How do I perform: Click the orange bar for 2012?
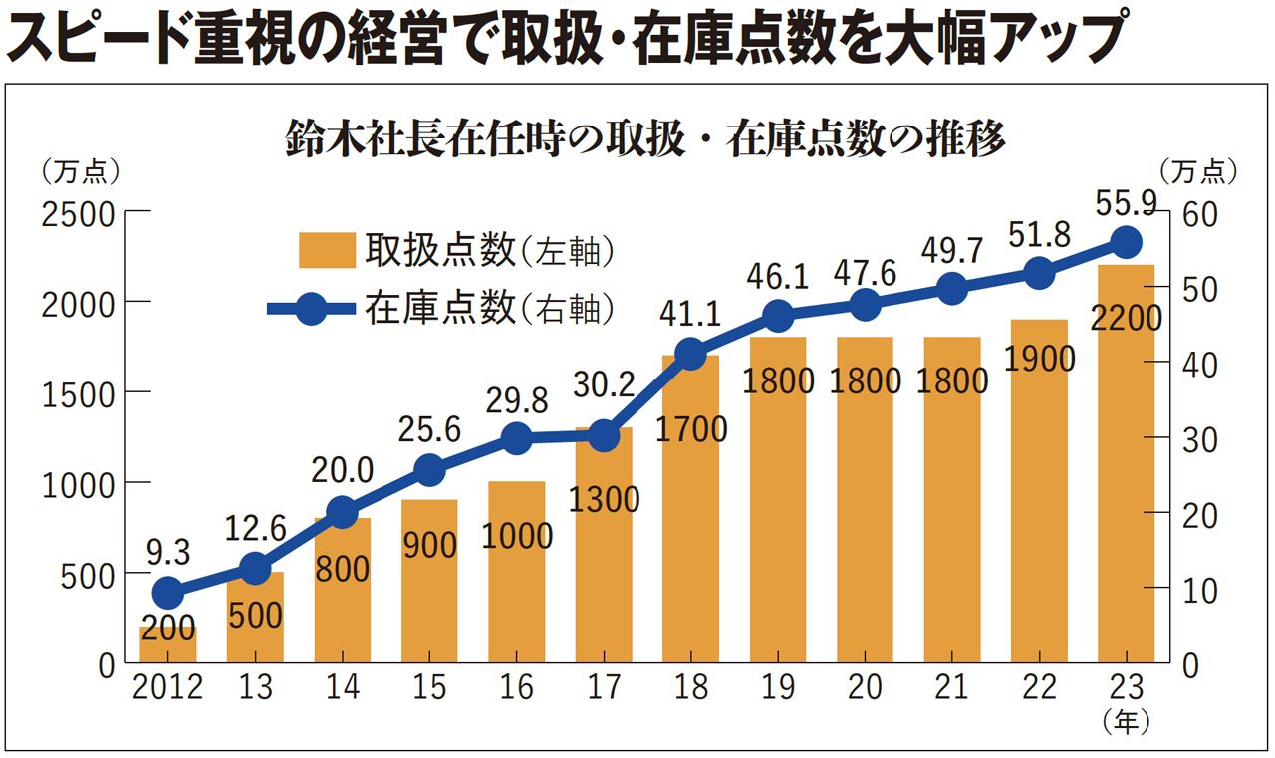tap(168, 645)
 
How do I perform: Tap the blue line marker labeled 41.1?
tap(690, 355)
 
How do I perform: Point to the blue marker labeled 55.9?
tap(1126, 241)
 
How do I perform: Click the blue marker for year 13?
tap(255, 569)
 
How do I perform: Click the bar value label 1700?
tap(690, 429)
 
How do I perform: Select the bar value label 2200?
tap(1126, 319)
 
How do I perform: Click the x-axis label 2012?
tap(167, 688)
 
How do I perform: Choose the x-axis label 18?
tap(690, 688)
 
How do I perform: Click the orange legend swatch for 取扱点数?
tap(327, 251)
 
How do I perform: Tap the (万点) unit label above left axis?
tap(80, 172)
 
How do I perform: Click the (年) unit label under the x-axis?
tap(1127, 718)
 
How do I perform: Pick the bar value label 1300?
tap(603, 499)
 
